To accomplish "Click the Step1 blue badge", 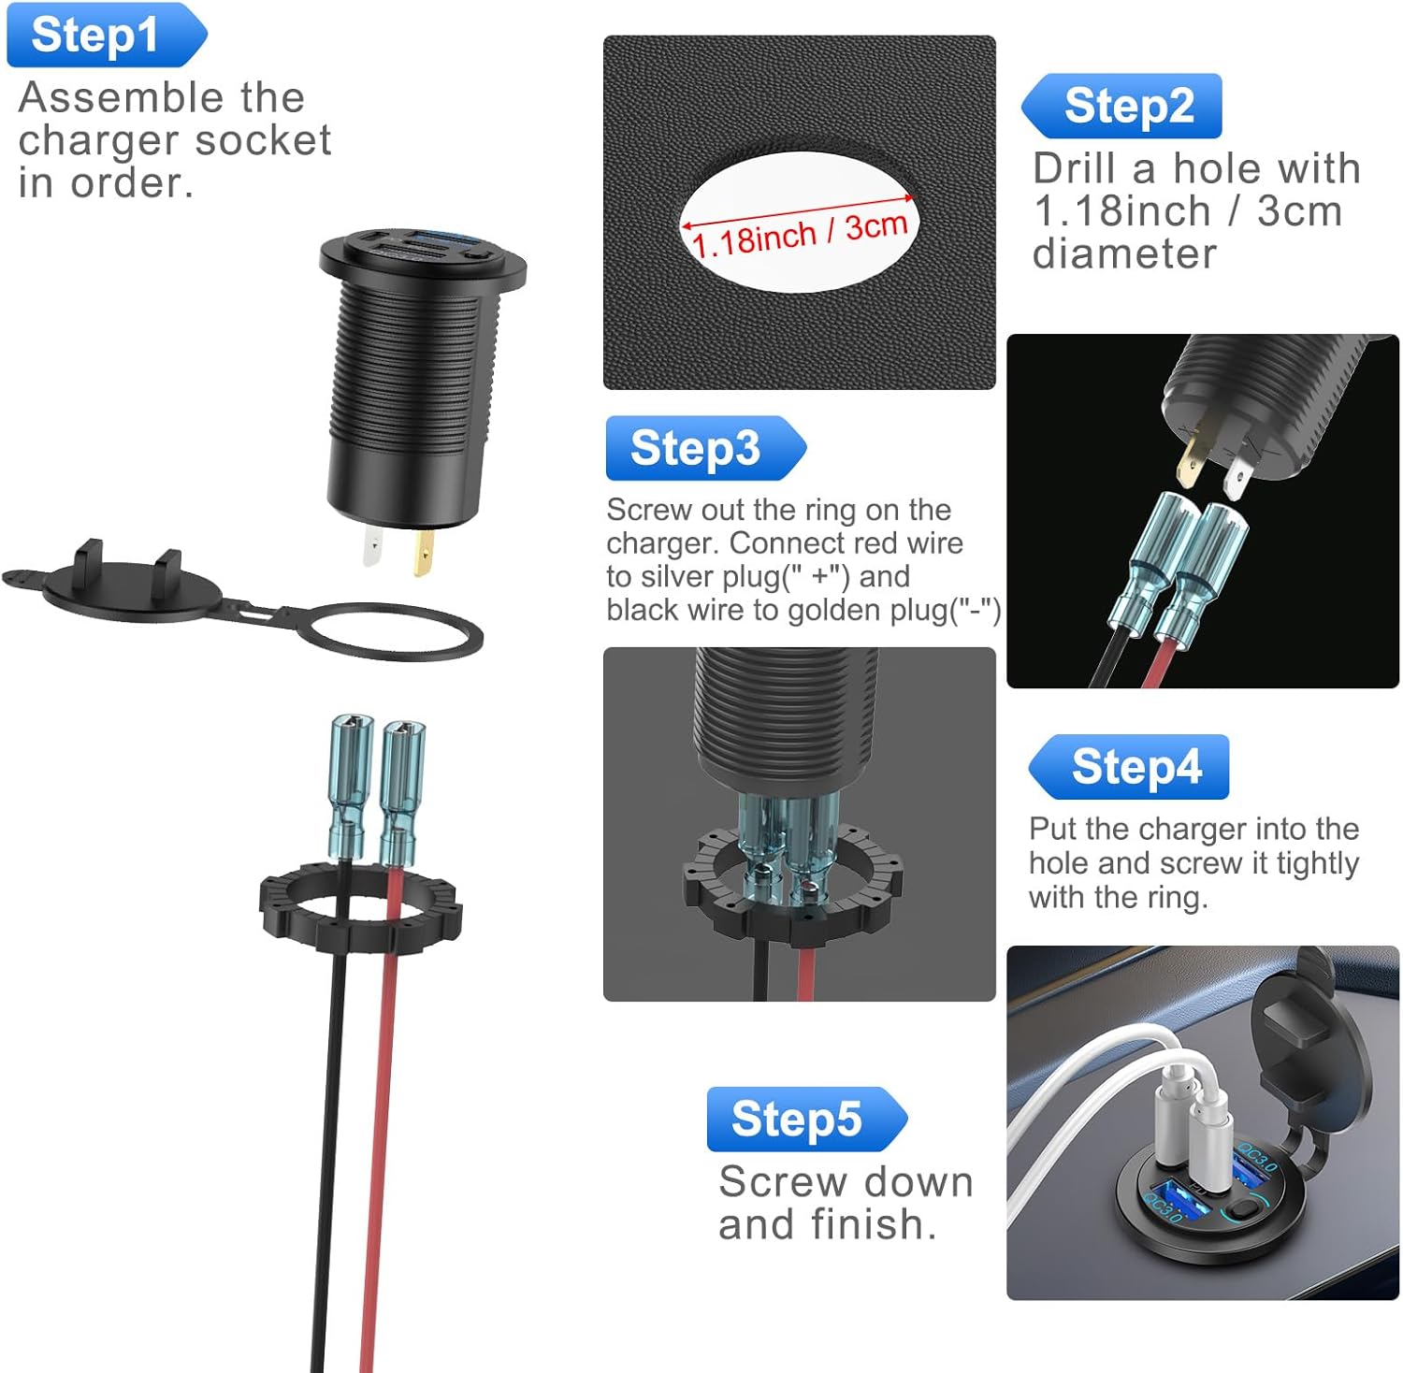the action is pyautogui.click(x=107, y=36).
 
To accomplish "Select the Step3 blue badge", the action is pyautogui.click(x=705, y=448).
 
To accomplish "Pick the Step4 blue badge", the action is pyautogui.click(x=1128, y=767).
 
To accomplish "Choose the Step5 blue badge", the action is pyautogui.click(x=806, y=1119).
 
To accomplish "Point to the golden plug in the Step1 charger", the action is pyautogui.click(x=424, y=554).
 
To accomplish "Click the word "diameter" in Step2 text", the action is pyautogui.click(x=1124, y=253).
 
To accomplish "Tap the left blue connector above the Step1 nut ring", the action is pyautogui.click(x=351, y=786).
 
